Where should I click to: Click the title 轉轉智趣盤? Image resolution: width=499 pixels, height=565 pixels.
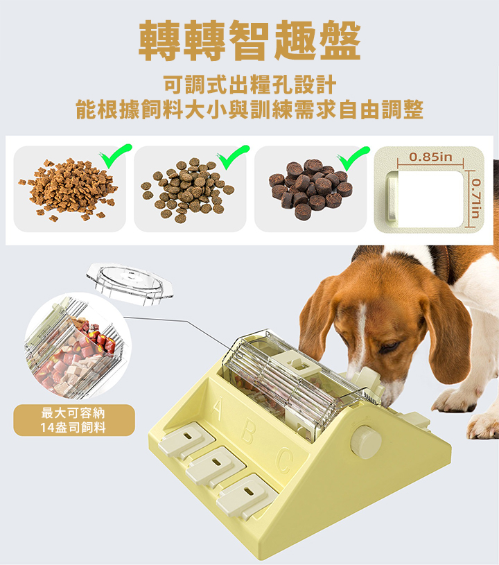point(249,40)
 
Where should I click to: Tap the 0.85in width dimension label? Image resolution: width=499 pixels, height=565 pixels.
point(430,157)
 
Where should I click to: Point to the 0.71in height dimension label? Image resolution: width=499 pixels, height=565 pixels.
point(476,198)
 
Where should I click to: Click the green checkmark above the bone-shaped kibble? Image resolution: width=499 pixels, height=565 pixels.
point(116,156)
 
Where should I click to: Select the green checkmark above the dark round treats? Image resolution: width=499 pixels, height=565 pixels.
point(353,158)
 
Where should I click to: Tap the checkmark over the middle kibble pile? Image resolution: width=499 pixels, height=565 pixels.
point(233,157)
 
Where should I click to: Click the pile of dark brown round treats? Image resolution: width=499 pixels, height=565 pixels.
point(310,188)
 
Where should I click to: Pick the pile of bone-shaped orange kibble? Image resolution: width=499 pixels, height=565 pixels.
point(69,189)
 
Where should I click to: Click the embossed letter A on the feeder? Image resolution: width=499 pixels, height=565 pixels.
point(216,408)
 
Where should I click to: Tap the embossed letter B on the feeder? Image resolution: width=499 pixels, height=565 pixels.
point(248,432)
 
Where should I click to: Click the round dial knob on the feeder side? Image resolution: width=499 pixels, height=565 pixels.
point(366,442)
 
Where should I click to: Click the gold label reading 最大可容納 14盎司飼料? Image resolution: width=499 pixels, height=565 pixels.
point(74,420)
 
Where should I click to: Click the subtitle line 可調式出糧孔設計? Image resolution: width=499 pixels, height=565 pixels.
point(249,85)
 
